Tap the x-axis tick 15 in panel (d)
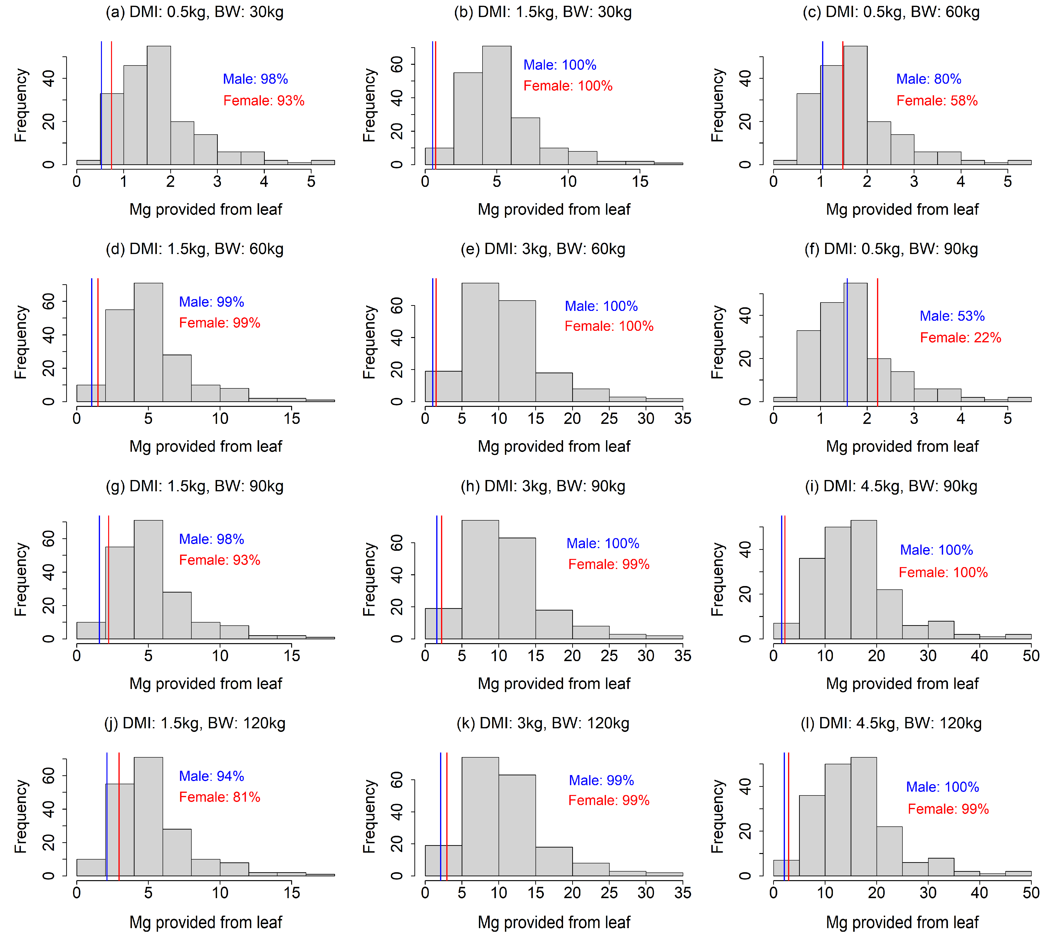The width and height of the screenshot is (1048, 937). click(291, 419)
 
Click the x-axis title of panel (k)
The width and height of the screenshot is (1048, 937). click(554, 922)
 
